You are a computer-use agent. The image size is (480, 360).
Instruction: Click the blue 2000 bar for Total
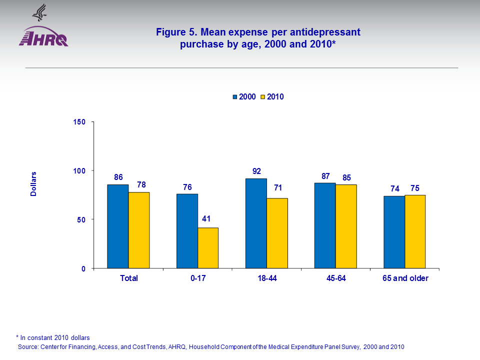117,226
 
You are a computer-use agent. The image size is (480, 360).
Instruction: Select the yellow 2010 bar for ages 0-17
207,248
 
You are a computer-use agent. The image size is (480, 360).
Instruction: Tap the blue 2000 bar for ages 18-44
256,223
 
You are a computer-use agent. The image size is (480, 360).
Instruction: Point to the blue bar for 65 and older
394,232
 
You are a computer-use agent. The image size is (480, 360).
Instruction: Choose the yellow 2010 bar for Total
139,230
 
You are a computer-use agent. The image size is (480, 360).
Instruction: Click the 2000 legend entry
245,97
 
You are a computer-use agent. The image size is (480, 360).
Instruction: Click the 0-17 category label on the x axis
198,278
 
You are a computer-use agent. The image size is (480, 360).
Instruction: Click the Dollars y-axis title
33,183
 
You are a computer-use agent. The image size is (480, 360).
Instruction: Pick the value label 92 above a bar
256,171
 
